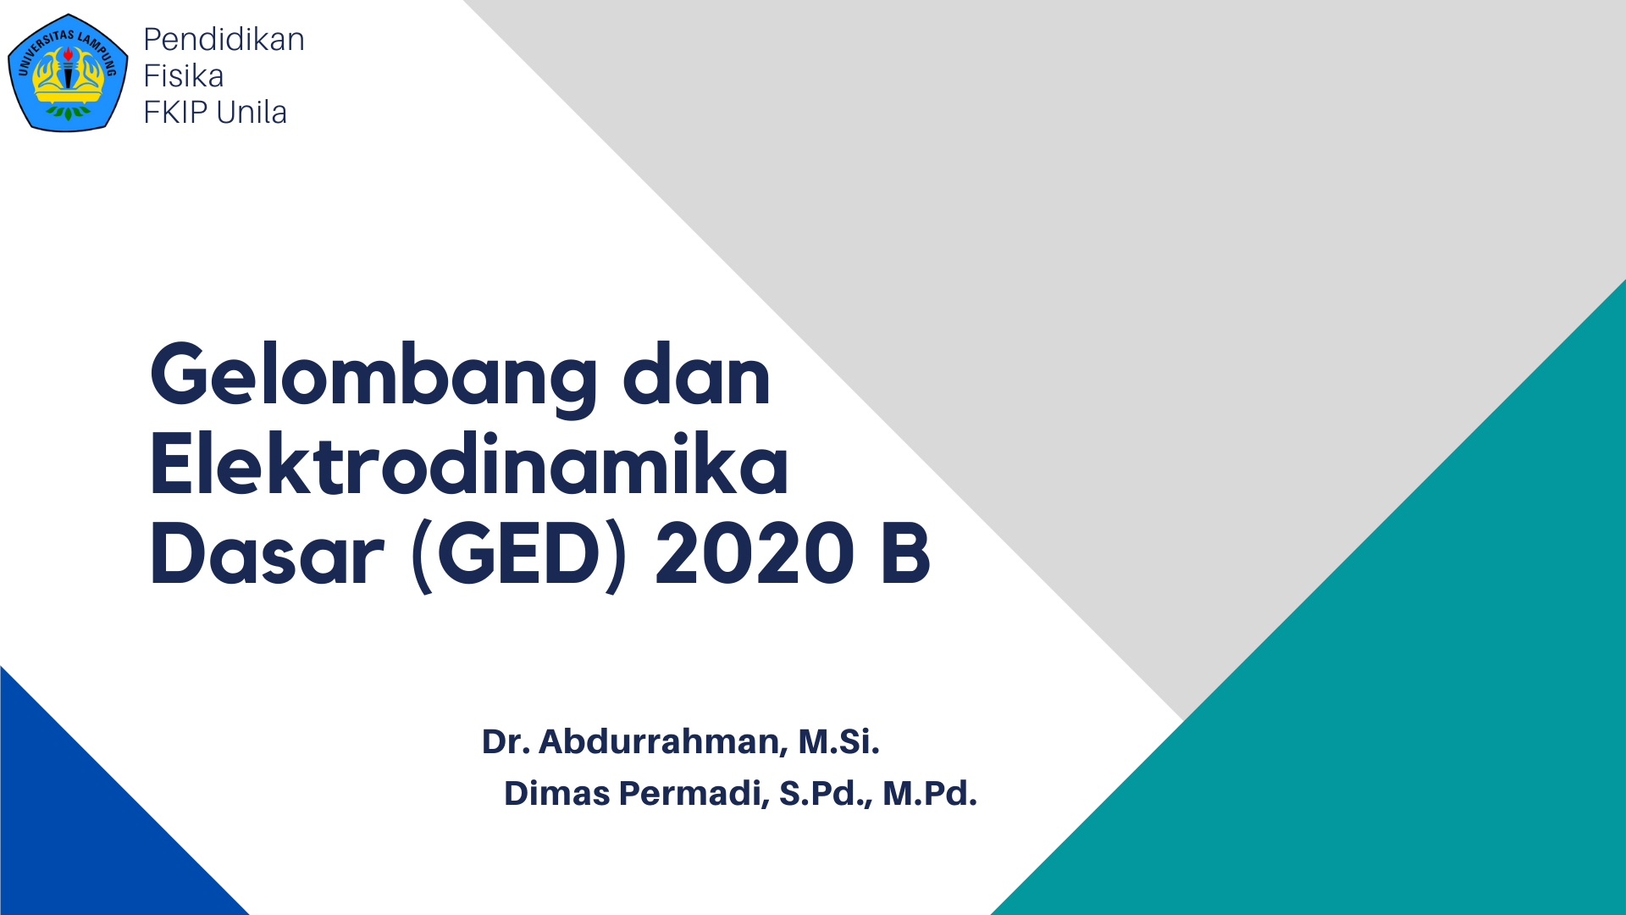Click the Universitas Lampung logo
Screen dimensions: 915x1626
[x=68, y=74]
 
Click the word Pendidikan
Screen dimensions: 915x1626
[x=224, y=40]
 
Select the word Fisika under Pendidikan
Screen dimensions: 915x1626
[x=184, y=76]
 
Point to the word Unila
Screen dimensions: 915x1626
[x=252, y=113]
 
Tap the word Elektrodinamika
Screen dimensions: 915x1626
[x=469, y=466]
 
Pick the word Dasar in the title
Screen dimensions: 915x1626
[x=267, y=555]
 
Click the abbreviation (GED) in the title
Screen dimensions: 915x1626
[x=519, y=555]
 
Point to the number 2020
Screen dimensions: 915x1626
[x=755, y=555]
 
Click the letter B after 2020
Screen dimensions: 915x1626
[x=905, y=555]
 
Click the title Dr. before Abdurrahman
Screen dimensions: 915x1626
[x=506, y=741]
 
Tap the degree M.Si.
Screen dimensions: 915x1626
[x=838, y=741]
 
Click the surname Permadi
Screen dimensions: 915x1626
[x=694, y=794]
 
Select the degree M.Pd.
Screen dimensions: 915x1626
[x=929, y=794]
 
